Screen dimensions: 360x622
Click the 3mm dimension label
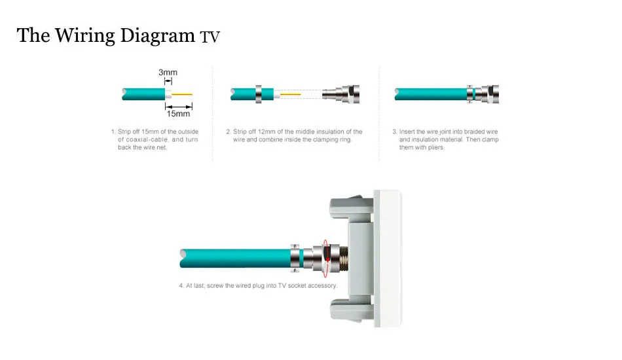(x=168, y=73)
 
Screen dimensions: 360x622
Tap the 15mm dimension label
(x=178, y=114)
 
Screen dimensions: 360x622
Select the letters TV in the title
(x=210, y=37)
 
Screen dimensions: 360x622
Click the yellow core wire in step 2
(x=291, y=95)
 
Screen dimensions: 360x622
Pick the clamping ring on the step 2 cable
(x=258, y=94)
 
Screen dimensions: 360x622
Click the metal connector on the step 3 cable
(x=485, y=94)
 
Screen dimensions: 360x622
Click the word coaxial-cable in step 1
(x=149, y=139)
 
